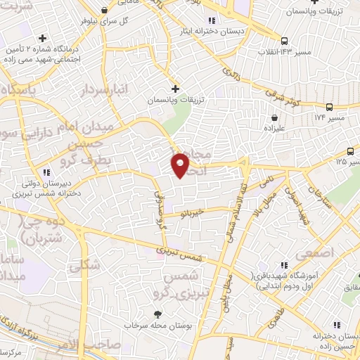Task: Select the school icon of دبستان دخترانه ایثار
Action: [212, 20]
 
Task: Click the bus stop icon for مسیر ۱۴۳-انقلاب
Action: [284, 41]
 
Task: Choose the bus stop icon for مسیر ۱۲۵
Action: [350, 151]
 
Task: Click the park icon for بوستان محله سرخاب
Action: [157, 314]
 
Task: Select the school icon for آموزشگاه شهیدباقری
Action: [283, 265]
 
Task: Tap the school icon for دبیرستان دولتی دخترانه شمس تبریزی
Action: [46, 172]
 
